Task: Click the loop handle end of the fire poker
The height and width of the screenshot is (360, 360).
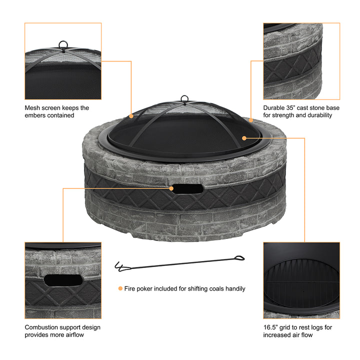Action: tap(239, 258)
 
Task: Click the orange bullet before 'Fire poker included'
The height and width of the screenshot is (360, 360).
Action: tap(120, 288)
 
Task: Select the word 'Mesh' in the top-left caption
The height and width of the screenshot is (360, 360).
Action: tap(32, 107)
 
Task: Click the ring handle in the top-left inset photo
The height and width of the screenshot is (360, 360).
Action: tap(63, 44)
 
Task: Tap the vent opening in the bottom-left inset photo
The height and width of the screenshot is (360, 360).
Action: tap(63, 280)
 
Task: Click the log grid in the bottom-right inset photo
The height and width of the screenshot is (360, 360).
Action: tap(301, 284)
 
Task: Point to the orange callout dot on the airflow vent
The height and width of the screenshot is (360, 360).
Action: tap(171, 188)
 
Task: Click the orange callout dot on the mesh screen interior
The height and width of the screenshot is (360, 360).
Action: tap(244, 138)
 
